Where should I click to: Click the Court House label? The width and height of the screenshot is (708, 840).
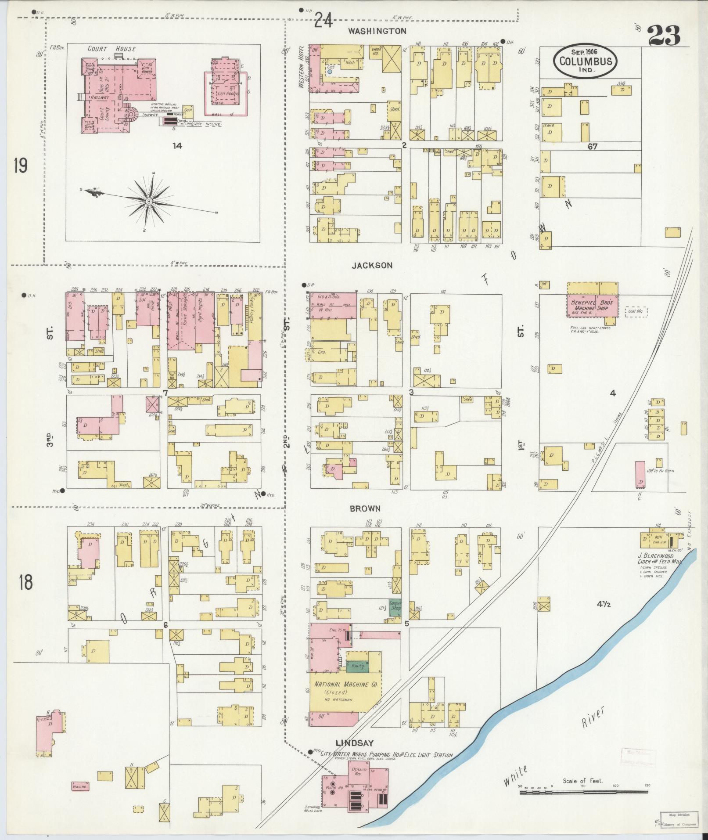[111, 49]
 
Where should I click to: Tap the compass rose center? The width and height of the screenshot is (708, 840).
[149, 201]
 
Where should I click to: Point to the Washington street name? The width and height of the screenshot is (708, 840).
[377, 31]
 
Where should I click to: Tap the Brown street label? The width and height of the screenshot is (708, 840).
[365, 508]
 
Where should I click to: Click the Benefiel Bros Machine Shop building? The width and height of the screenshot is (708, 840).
[593, 304]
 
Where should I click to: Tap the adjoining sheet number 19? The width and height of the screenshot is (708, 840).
[20, 166]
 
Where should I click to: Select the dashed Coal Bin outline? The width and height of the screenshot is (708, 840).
[636, 312]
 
